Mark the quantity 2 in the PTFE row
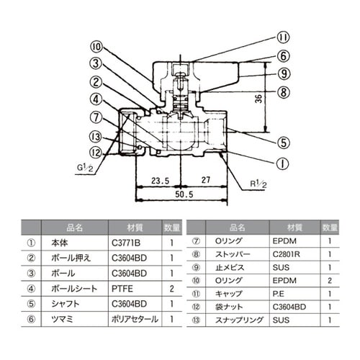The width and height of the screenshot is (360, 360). pos(171,288)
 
